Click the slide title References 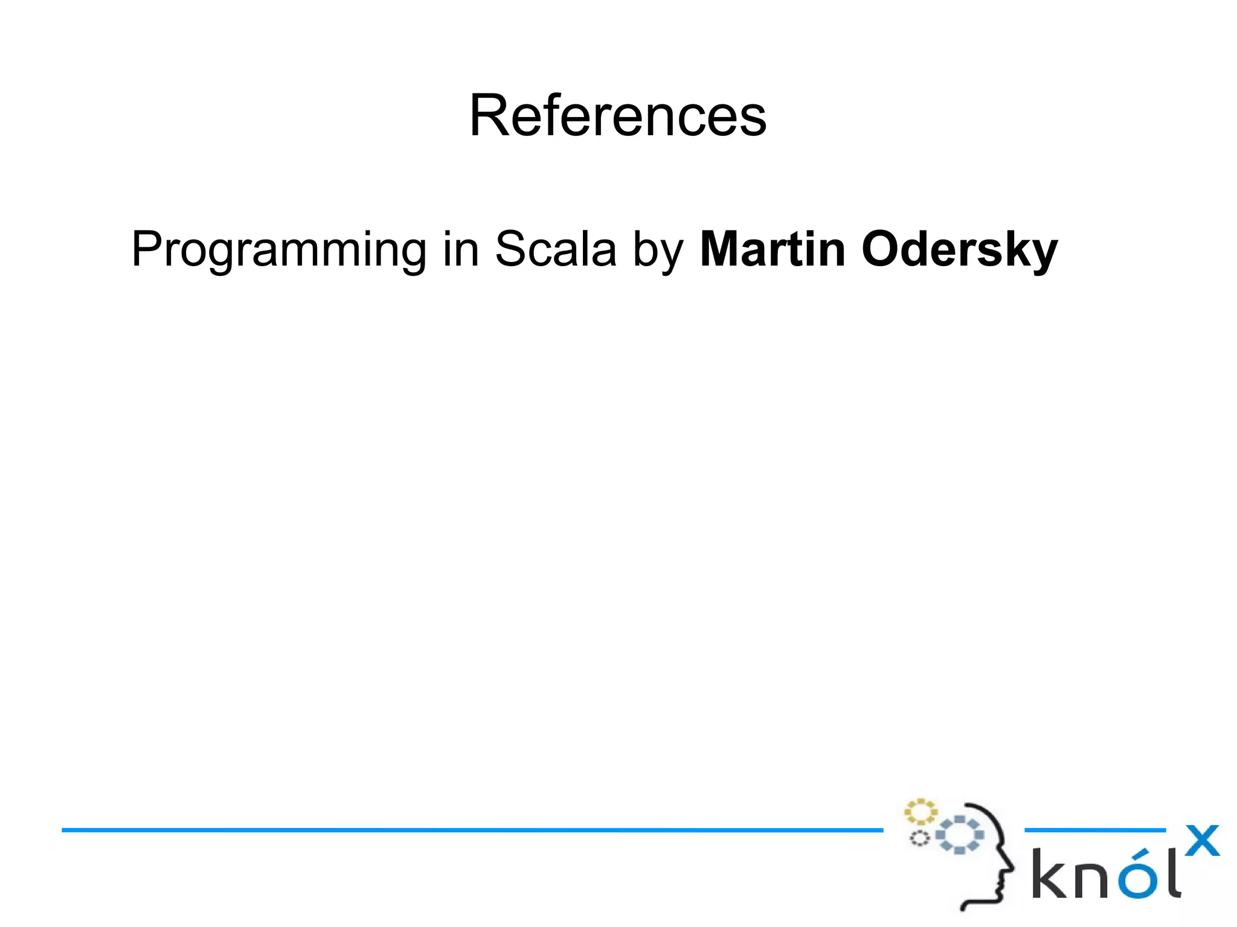click(x=617, y=115)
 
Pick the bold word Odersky click(x=959, y=249)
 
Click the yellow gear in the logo click(x=920, y=812)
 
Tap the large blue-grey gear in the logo click(x=959, y=835)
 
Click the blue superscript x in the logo click(x=1202, y=840)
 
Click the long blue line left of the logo click(x=471, y=830)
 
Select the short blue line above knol click(x=1094, y=830)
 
